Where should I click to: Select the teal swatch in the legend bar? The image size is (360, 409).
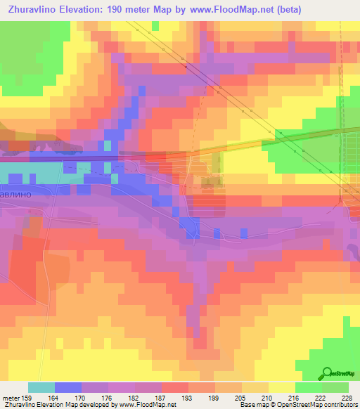point(41,387)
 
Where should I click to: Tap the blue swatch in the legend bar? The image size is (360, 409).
point(68,387)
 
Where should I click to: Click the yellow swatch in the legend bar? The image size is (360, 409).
point(281,387)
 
